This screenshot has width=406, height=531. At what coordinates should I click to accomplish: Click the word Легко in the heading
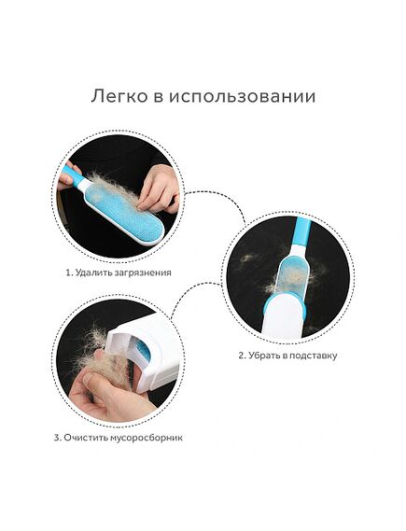tap(119, 96)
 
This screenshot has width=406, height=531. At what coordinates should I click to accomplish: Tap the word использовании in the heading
tap(242, 96)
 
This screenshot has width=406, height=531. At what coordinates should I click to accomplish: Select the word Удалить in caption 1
tap(90, 272)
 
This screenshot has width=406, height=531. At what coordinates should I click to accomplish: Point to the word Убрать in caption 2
tap(261, 356)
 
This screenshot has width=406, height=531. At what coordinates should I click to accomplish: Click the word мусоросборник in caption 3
tap(147, 438)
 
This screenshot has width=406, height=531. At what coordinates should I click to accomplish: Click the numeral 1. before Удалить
tap(69, 272)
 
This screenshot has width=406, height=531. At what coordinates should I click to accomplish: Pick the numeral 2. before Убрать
tap(242, 356)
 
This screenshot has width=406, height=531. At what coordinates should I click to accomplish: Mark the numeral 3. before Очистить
tap(58, 438)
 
